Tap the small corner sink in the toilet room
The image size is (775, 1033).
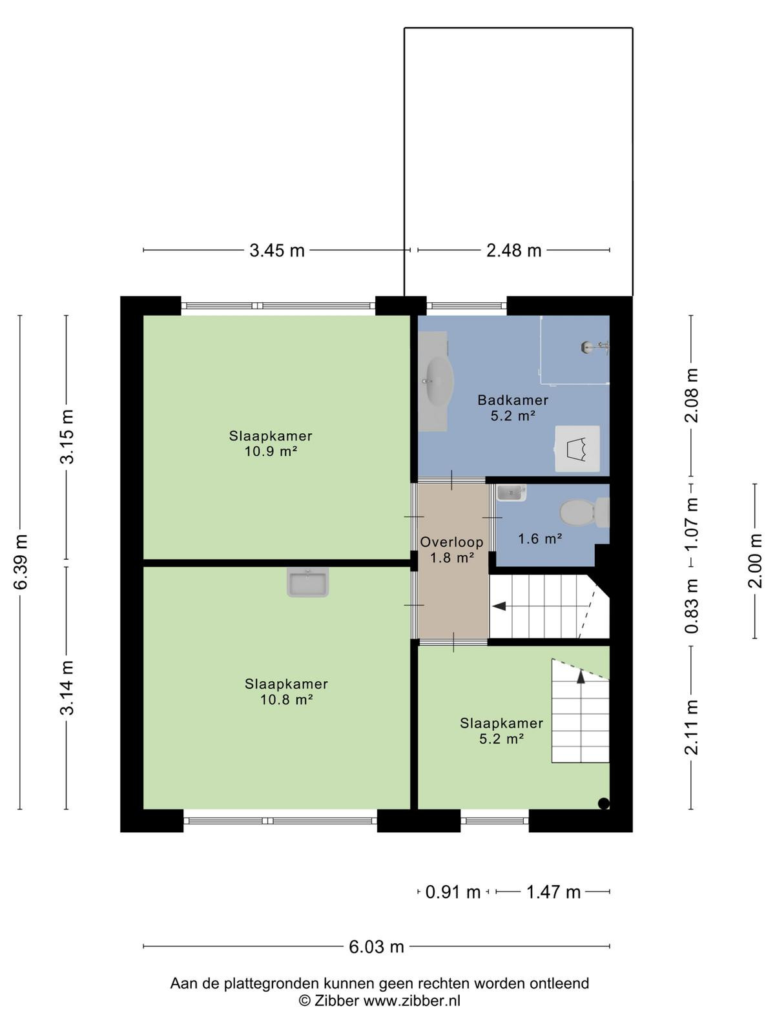511,493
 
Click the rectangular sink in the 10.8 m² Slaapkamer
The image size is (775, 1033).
308,582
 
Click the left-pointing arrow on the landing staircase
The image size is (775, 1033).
499,606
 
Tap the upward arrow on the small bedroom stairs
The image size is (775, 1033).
581,677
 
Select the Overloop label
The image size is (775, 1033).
451,542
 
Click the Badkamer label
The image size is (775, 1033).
513,400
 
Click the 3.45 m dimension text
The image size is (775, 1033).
277,251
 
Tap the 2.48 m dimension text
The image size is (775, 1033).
514,251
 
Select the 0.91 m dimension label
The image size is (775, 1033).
453,892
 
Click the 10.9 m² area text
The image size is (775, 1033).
271,452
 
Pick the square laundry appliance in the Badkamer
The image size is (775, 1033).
577,449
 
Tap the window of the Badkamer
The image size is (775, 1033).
466,306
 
